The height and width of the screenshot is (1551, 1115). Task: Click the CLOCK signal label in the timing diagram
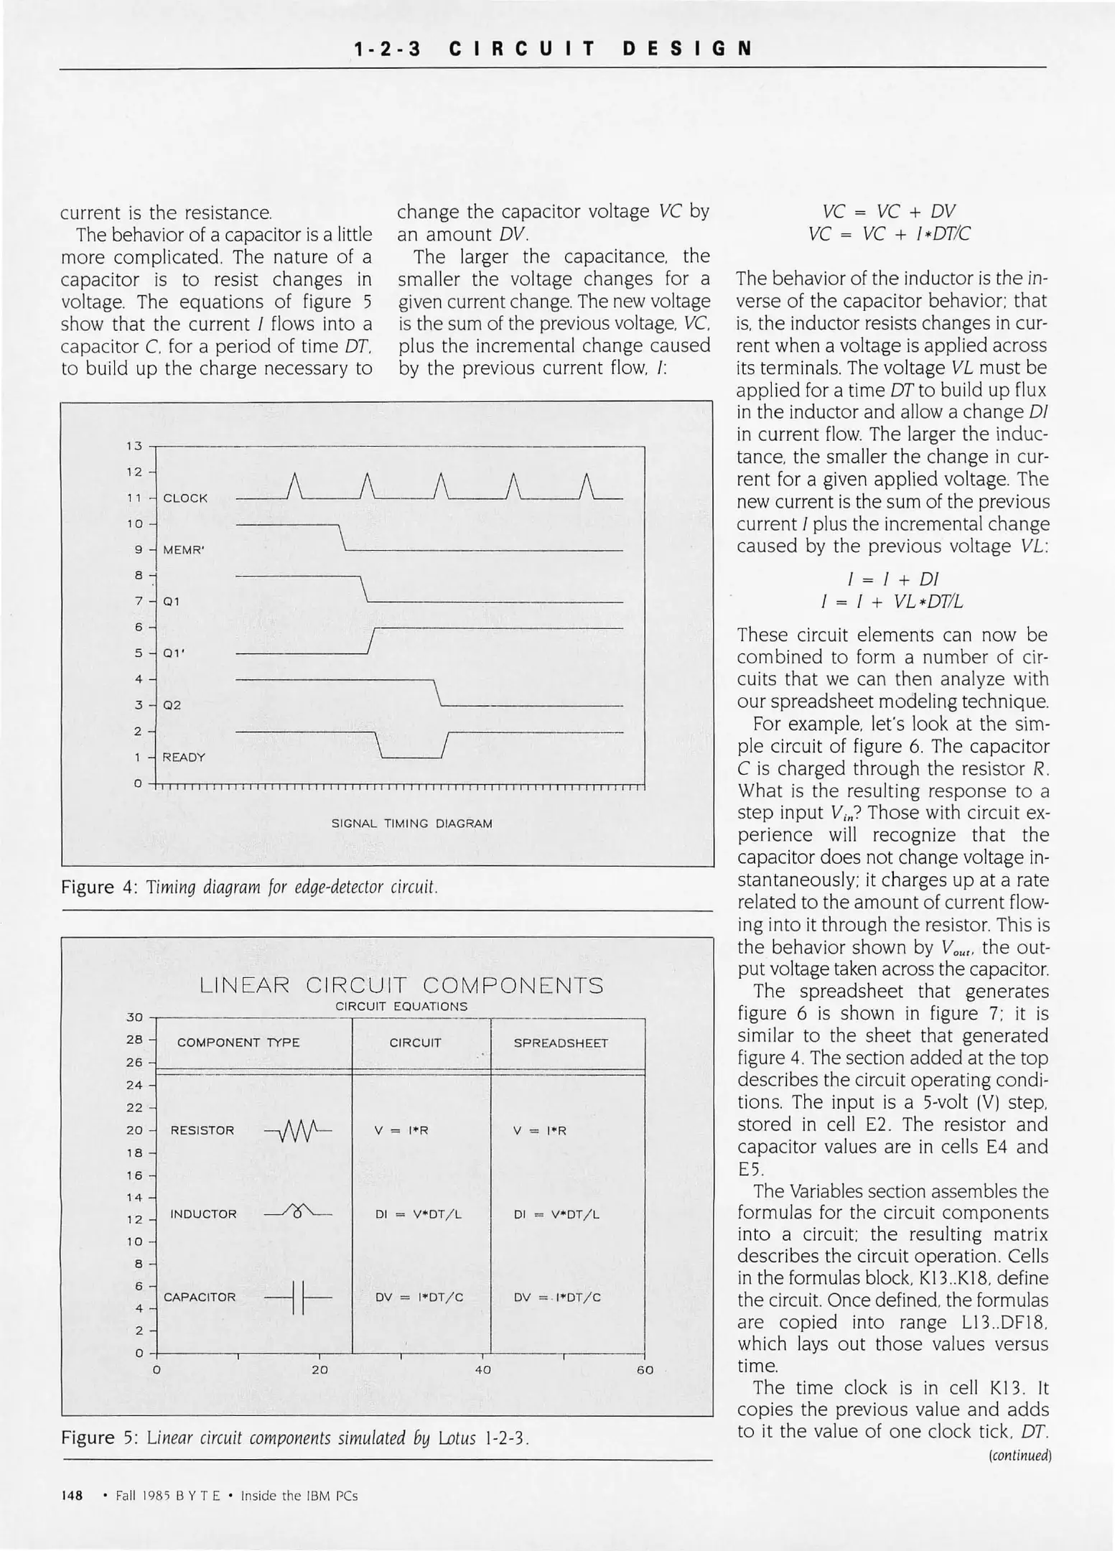[x=185, y=498]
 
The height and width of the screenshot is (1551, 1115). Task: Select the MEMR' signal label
[x=185, y=550]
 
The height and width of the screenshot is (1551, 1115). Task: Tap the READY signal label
[x=184, y=757]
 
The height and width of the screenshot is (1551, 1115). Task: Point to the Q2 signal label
[x=172, y=705]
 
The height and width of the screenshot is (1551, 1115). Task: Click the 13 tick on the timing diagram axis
[x=134, y=446]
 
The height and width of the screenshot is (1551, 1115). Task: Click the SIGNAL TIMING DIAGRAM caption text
[x=411, y=824]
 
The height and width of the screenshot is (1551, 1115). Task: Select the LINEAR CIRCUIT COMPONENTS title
[x=401, y=985]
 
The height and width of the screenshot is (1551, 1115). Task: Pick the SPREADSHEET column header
[x=560, y=1043]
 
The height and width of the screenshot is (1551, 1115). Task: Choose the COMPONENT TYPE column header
[x=238, y=1043]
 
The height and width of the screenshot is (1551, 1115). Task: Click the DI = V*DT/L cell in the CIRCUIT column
[x=418, y=1214]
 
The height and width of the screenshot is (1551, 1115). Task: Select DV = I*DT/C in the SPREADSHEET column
[x=557, y=1298]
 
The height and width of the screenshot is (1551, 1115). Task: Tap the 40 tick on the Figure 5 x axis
[x=482, y=1370]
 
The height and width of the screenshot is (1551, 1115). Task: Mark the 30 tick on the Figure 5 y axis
[x=134, y=1017]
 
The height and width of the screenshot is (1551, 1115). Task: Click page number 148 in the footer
[x=72, y=1496]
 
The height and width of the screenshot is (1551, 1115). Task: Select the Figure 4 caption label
[x=98, y=888]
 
